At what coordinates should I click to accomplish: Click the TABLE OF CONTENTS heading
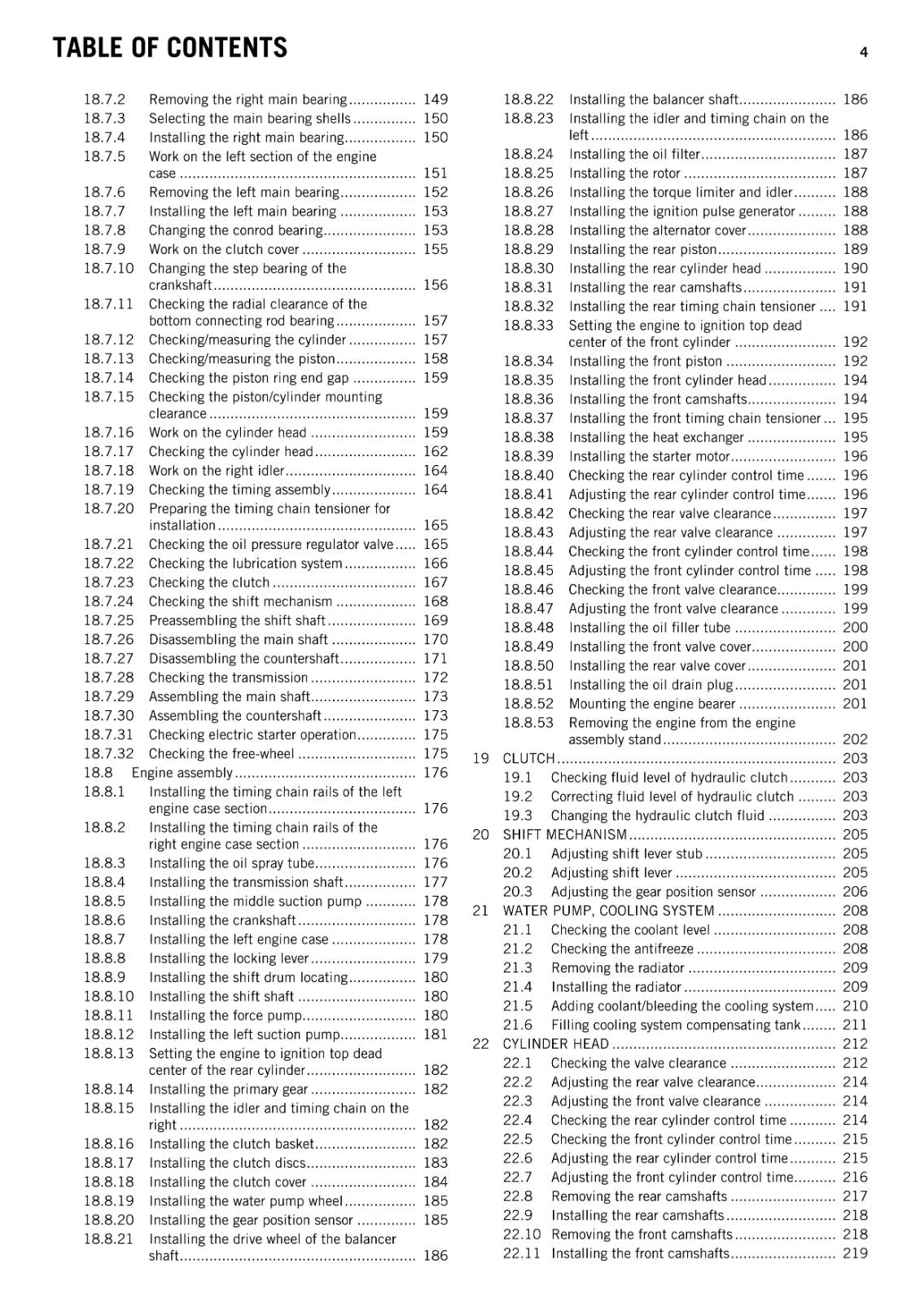(x=169, y=48)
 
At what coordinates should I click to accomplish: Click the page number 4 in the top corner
(x=863, y=52)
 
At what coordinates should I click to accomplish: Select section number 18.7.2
(x=104, y=99)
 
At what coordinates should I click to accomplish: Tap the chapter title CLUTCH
(x=528, y=758)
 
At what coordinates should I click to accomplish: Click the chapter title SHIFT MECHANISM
(x=564, y=835)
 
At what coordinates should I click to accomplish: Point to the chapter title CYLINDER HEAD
(x=555, y=1044)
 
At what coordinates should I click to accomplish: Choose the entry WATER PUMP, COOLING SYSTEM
(x=608, y=910)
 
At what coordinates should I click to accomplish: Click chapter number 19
(x=480, y=758)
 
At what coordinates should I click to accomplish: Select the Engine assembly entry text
(x=182, y=773)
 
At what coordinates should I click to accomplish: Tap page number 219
(x=855, y=1253)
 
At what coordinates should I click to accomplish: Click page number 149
(x=436, y=99)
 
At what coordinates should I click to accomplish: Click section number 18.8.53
(x=528, y=723)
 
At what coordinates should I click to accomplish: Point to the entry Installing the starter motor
(x=649, y=457)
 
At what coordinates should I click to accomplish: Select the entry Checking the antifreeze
(x=622, y=949)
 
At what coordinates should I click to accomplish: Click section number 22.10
(x=521, y=1235)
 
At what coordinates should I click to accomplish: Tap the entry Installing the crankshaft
(x=222, y=920)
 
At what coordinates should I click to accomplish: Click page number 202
(x=855, y=739)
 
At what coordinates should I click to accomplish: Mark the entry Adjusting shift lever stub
(x=626, y=853)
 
